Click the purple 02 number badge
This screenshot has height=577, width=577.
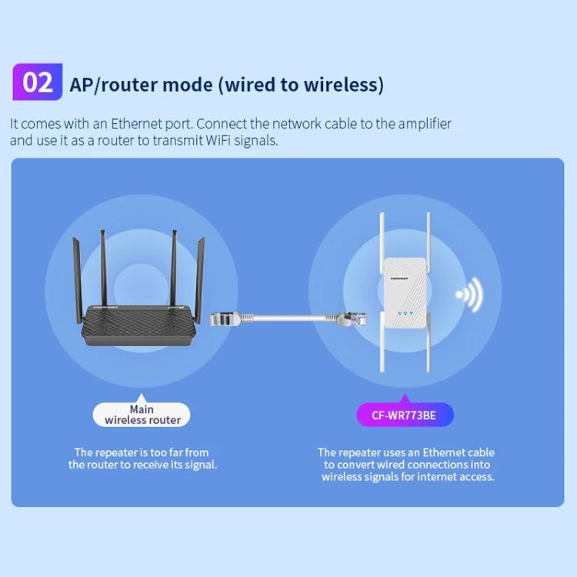tap(38, 82)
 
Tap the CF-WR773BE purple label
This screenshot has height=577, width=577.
tap(405, 415)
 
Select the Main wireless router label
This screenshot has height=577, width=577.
tap(142, 415)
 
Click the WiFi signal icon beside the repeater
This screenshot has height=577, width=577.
tap(469, 295)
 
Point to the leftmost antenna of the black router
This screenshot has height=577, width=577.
tap(77, 277)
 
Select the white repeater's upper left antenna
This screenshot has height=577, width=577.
tap(382, 246)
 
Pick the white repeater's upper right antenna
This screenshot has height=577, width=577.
tap(425, 246)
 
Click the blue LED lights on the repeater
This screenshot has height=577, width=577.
tap(404, 314)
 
